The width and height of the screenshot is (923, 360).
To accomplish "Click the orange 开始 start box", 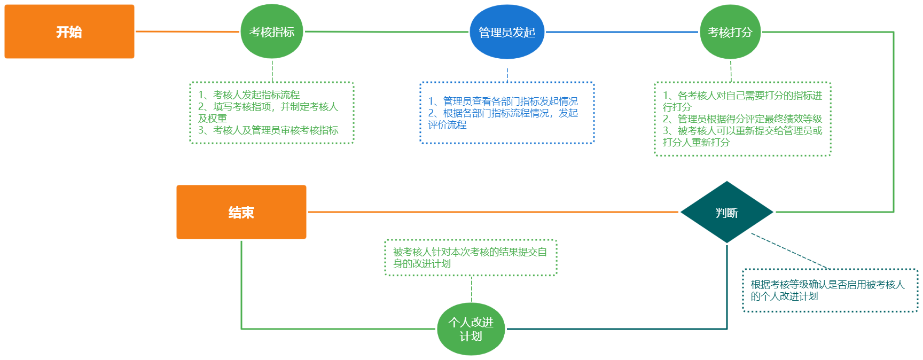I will (69, 32).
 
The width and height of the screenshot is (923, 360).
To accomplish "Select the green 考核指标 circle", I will (272, 32).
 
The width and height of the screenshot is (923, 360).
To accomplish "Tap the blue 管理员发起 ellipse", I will (507, 32).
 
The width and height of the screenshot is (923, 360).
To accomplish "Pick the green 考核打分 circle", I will (730, 32).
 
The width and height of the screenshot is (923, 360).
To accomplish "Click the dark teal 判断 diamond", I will (726, 213).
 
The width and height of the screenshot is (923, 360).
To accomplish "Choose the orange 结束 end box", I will (241, 212).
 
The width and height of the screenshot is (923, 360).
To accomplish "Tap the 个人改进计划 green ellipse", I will (471, 329).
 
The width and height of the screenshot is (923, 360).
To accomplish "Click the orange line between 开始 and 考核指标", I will (187, 32).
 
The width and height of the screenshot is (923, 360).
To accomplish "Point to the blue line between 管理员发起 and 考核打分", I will (622, 32).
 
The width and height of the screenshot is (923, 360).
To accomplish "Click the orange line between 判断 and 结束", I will (491, 212).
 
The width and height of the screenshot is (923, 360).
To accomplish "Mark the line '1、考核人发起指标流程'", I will (249, 95).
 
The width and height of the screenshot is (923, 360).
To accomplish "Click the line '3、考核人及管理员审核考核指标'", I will (268, 130).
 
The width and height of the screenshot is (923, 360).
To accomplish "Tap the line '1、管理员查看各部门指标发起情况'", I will (503, 101).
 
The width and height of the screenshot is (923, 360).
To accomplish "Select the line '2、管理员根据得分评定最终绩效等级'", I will (742, 119).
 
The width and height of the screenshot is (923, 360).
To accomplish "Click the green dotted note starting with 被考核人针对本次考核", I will (470, 257).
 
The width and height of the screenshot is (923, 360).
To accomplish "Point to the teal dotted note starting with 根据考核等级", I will (830, 290).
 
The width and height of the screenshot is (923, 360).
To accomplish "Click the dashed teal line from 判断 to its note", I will (789, 251).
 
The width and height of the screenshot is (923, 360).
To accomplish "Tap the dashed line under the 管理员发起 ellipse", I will (507, 75).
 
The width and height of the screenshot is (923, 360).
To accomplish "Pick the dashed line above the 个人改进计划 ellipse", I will (471, 289).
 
